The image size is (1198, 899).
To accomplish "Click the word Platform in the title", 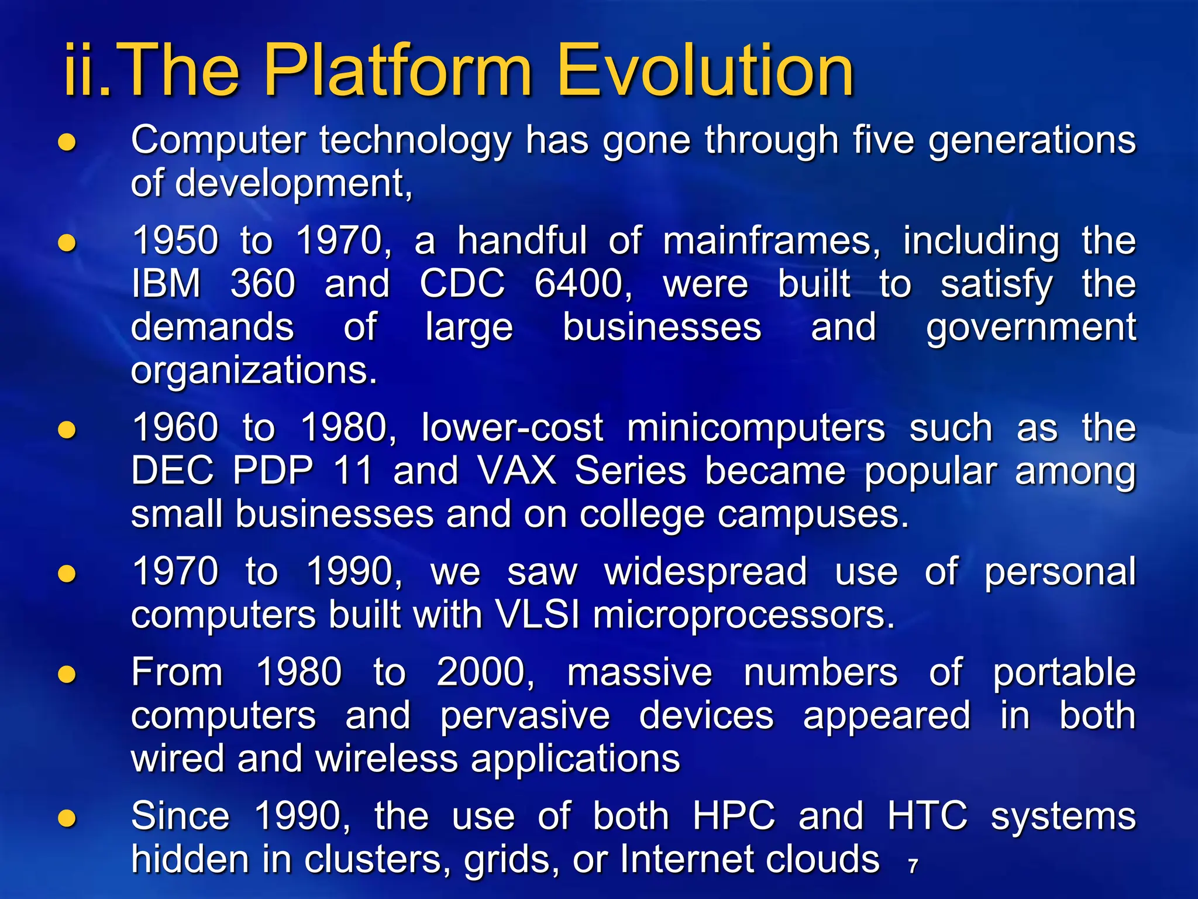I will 398,71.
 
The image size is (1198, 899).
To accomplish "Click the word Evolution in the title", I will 705,71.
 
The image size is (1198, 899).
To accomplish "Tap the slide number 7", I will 913,866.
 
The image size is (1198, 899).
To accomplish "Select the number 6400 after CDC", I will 583,284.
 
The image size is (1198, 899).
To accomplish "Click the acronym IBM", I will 166,284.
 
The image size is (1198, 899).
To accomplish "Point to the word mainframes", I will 771,241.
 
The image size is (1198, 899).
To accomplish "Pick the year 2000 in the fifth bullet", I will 484,672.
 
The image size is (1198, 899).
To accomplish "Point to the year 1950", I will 175,241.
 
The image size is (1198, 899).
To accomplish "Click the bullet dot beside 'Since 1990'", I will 67,818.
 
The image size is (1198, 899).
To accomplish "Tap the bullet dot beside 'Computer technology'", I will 67,142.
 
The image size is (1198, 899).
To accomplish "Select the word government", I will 1031,328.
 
